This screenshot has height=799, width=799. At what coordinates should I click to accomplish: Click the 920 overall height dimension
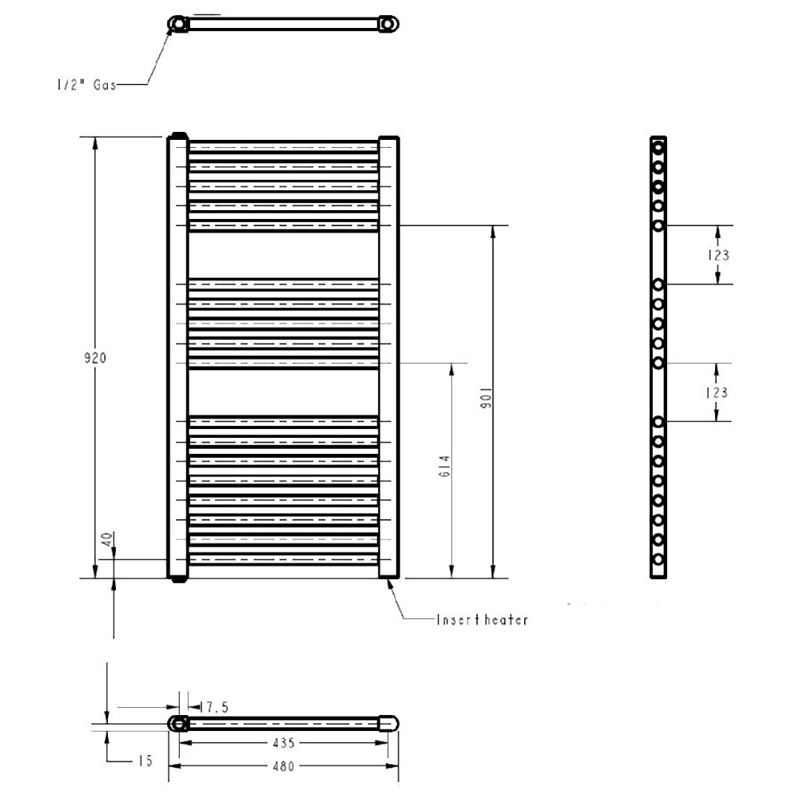point(96,358)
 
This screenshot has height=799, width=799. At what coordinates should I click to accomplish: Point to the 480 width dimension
point(284,766)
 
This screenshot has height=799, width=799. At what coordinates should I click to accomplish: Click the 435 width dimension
point(284,743)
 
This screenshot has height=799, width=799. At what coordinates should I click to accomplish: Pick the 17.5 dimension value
point(214,707)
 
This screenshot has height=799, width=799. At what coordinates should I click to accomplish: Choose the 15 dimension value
point(144,761)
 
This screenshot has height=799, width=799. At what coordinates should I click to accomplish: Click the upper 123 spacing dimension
point(718,256)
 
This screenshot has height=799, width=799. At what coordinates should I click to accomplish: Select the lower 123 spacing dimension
point(718,392)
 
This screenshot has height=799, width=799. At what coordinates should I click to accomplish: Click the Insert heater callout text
point(482,619)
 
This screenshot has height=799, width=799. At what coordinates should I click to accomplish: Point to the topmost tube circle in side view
point(658,148)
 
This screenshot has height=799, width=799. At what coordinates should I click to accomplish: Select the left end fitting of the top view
point(177,25)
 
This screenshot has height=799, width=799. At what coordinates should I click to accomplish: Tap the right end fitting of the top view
point(389,25)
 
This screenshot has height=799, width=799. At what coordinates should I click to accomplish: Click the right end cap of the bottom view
point(388,723)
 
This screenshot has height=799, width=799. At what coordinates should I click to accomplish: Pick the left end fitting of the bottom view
point(178,724)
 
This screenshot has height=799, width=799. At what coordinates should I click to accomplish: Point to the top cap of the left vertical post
point(178,135)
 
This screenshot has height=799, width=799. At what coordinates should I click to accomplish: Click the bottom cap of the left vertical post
point(178,578)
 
